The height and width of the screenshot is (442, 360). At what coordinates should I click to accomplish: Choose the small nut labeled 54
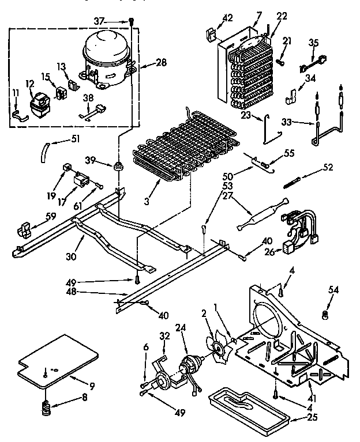click(324, 315)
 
